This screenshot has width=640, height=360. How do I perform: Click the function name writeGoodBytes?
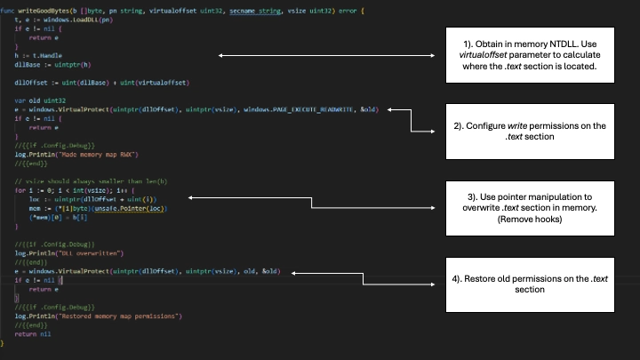40,9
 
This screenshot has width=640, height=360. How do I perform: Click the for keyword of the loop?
20,190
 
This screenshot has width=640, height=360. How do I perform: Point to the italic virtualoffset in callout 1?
487,55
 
